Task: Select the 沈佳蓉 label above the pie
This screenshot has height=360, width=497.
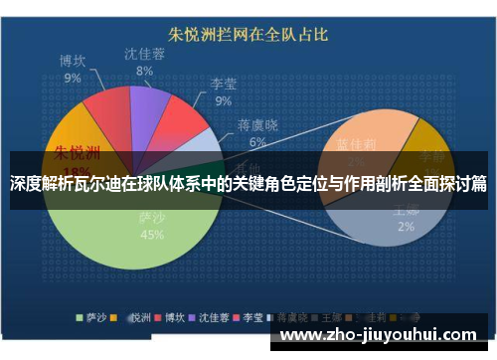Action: coord(145,54)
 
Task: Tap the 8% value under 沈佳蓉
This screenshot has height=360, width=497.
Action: coord(145,71)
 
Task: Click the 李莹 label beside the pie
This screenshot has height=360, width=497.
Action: coord(223,85)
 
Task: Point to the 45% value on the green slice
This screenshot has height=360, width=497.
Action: coord(152,236)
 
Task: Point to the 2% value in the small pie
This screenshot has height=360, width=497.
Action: coord(407,227)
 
